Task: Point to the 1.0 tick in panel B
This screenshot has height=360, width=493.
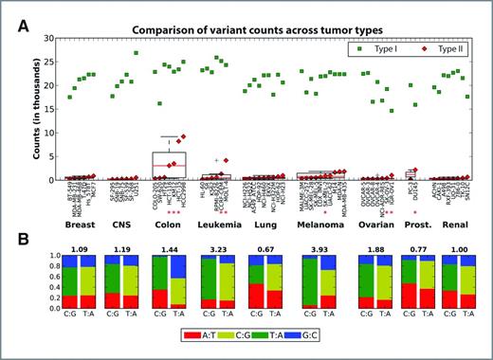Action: tap(46, 255)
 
